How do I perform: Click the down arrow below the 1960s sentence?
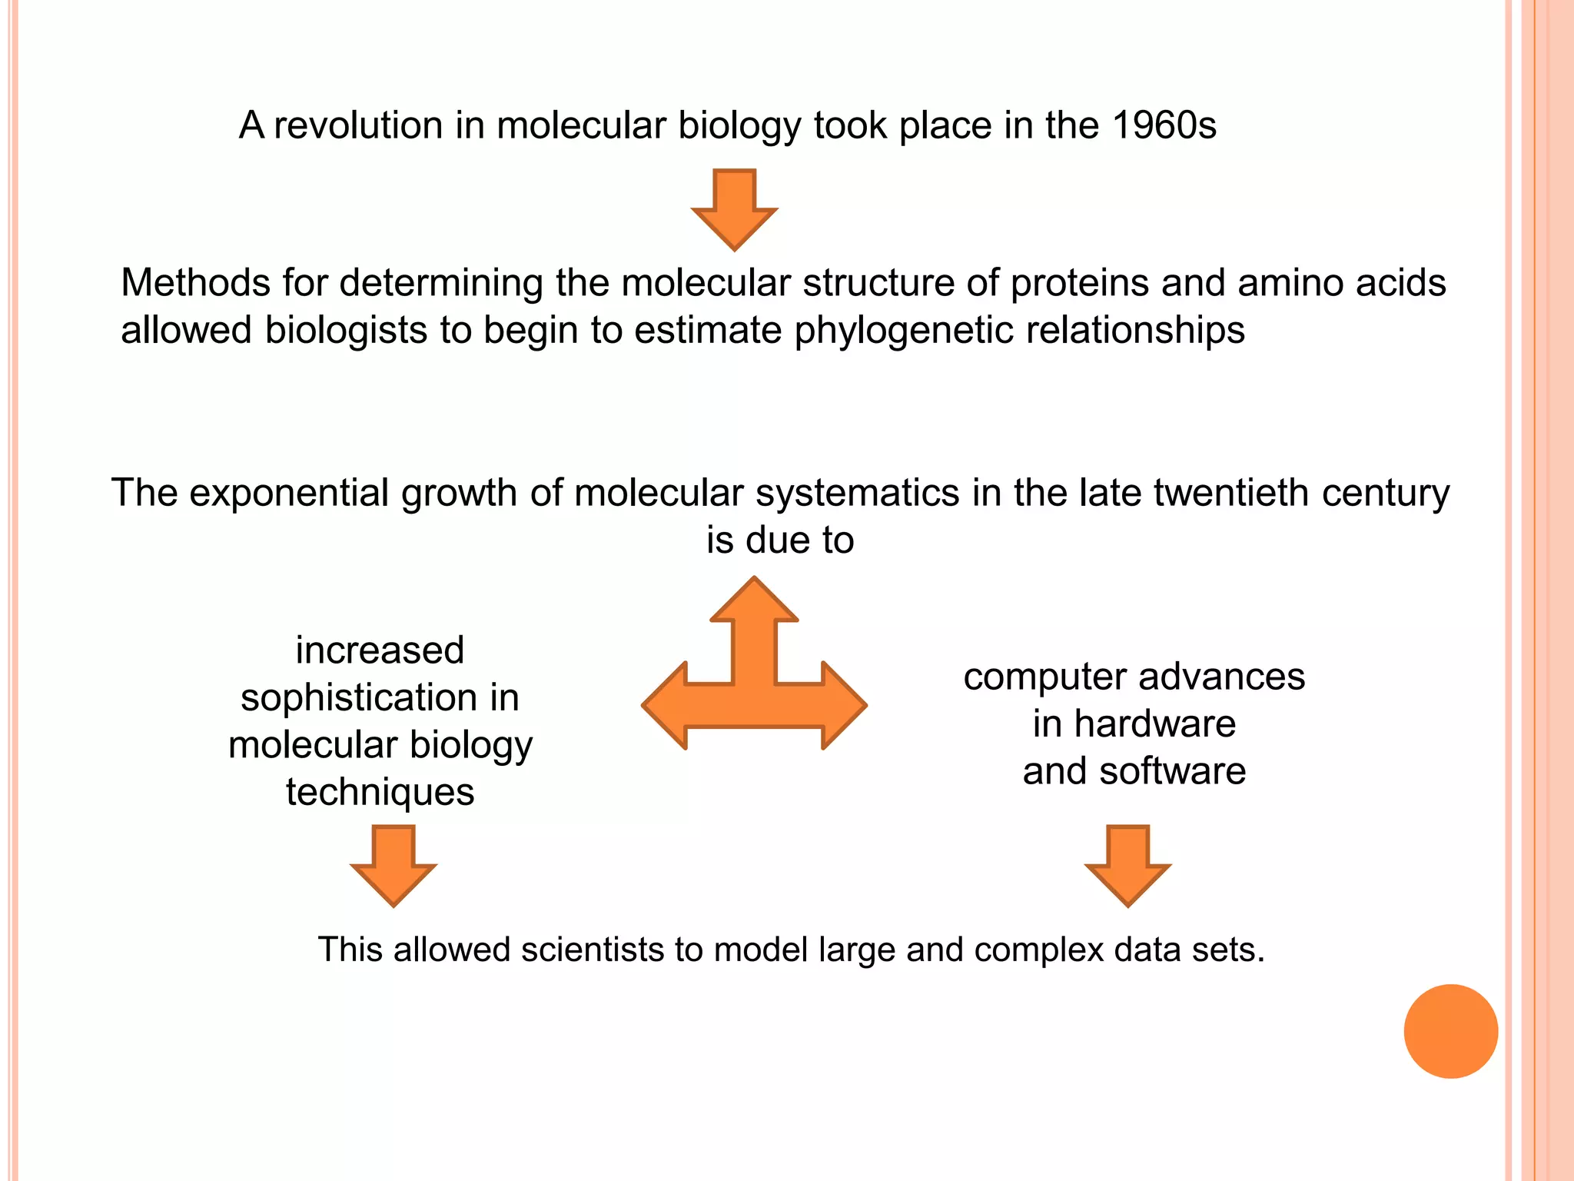735,209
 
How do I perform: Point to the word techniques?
380,792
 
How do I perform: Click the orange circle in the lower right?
1450,1031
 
